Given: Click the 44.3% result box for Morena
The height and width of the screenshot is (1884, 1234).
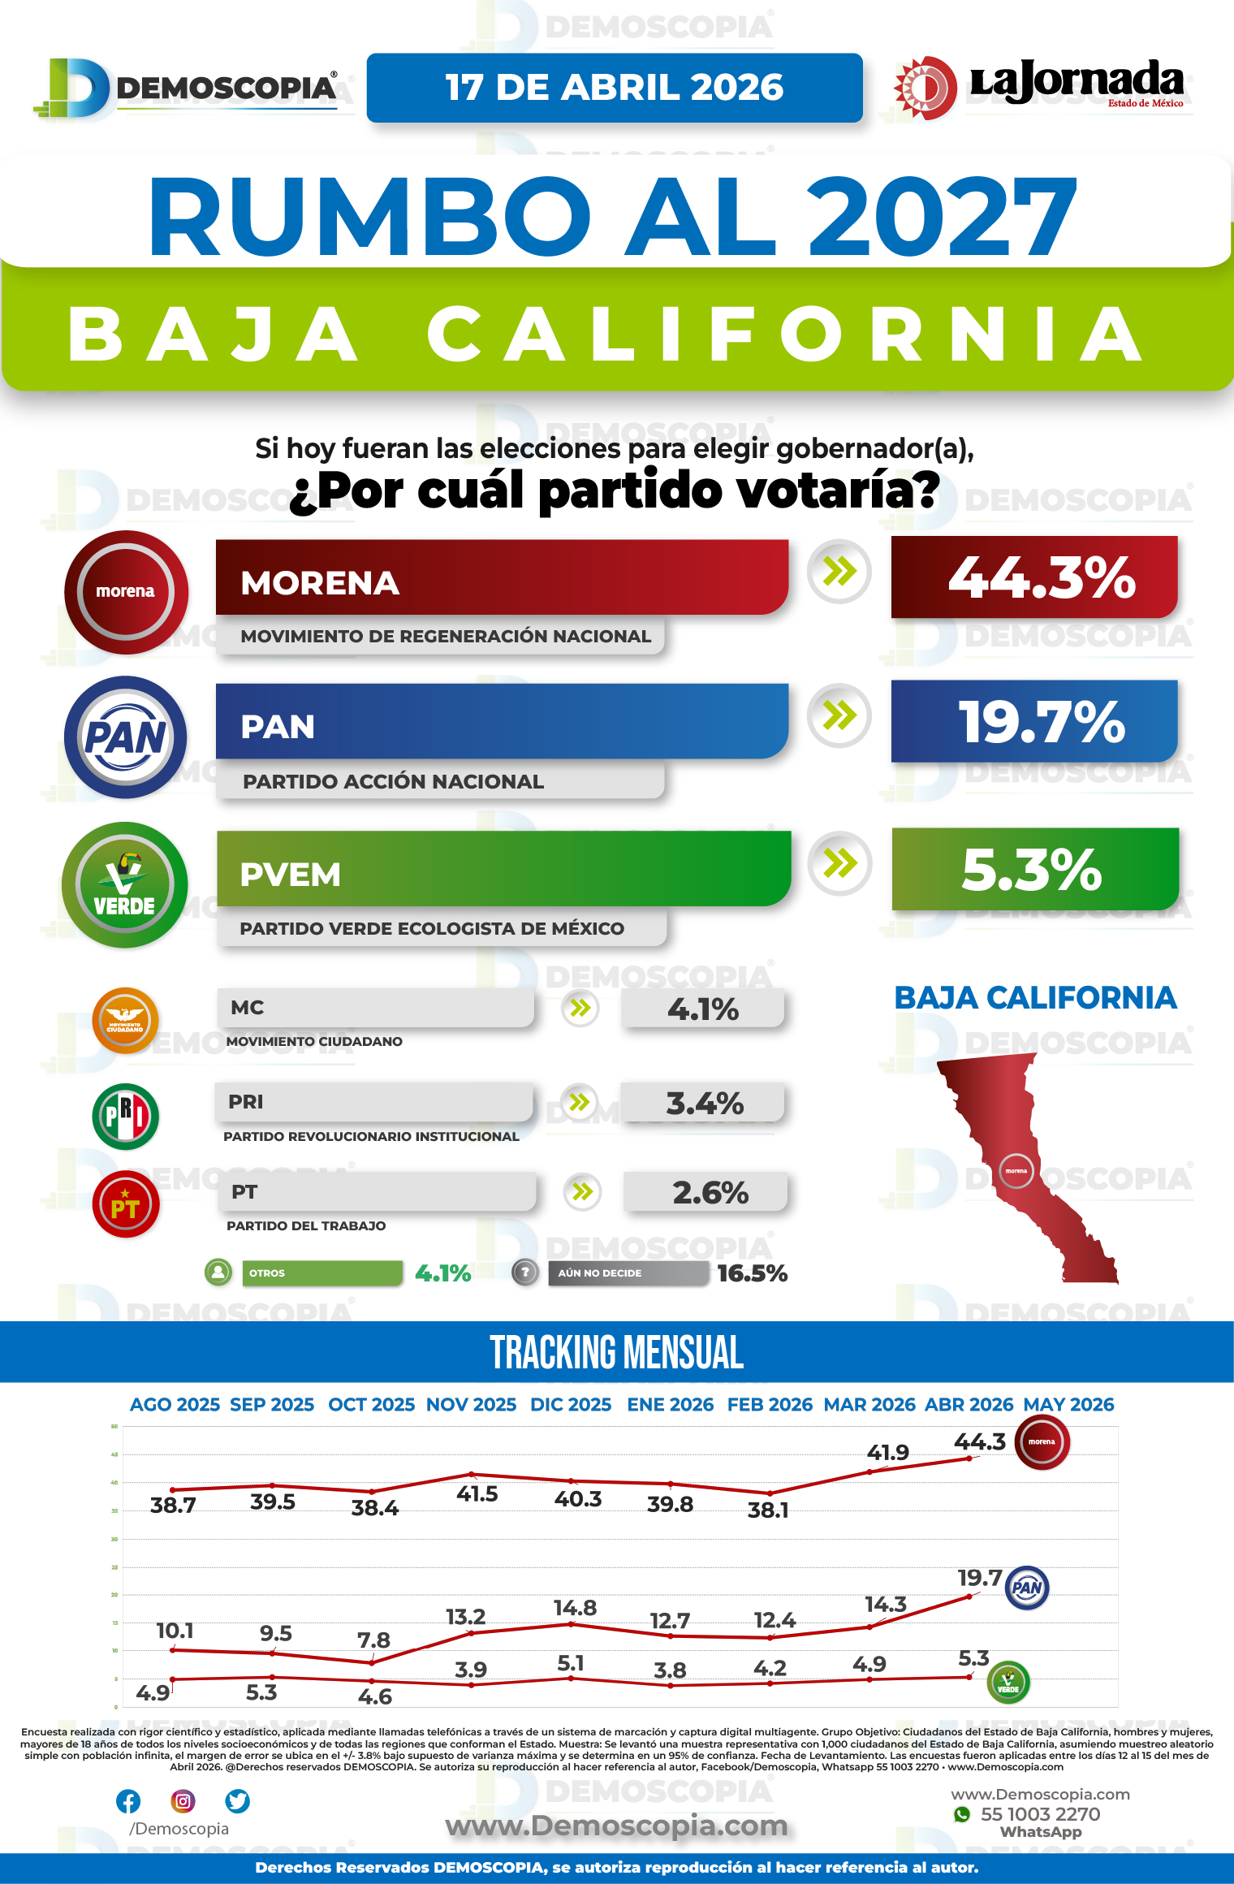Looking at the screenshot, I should click(1034, 577).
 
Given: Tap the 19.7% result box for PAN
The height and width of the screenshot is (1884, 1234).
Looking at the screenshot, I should click(1034, 721).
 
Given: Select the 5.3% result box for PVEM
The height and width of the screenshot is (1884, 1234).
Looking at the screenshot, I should click(1034, 869).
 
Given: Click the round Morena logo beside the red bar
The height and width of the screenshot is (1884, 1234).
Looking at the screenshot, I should click(126, 592).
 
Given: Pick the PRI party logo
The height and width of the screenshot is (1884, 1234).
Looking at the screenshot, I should click(125, 1117).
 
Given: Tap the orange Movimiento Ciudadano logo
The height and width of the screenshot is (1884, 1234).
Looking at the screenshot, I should click(125, 1021).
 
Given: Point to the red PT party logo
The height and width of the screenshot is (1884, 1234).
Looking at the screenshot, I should click(125, 1204).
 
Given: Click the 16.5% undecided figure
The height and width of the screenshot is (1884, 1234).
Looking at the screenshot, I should click(752, 1273).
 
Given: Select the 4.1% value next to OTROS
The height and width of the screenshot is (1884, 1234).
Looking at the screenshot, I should click(442, 1273).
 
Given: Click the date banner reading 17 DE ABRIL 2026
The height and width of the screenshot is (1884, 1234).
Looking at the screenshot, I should click(615, 88).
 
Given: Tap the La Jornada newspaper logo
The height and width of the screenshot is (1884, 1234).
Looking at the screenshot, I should click(1040, 86).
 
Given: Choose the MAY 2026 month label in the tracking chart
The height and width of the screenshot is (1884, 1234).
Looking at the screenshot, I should click(1068, 1405).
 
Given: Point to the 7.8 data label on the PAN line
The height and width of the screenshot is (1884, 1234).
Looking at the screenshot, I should click(373, 1640).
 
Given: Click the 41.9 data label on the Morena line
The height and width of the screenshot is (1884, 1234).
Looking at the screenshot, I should click(887, 1453).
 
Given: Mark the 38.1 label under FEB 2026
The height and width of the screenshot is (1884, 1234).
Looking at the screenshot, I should click(768, 1510).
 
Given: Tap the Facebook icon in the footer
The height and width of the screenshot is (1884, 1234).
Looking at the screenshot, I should click(128, 1801).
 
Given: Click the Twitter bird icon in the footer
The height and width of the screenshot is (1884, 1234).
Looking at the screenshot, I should click(237, 1801).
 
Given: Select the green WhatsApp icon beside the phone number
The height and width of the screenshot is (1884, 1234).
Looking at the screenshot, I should click(962, 1814).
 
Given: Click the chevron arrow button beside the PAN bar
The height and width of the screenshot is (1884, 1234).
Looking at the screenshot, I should click(839, 715).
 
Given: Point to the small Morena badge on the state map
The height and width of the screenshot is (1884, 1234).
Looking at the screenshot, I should click(1016, 1171).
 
